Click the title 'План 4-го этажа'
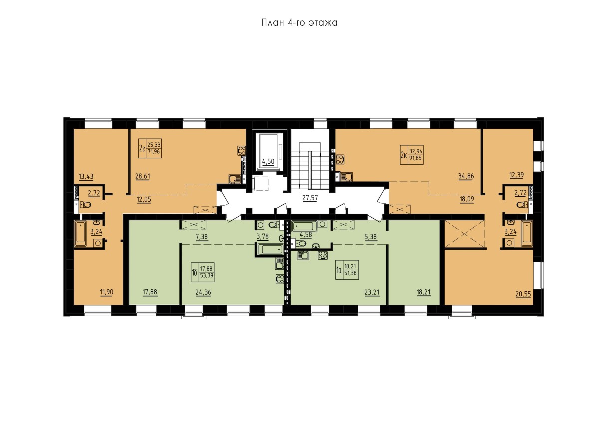tap(299, 23)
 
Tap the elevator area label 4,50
tap(268, 162)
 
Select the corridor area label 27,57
tap(310, 198)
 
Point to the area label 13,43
tap(86, 176)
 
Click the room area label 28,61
tap(143, 176)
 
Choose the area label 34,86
tap(466, 176)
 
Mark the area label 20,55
tap(523, 294)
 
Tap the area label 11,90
tap(107, 292)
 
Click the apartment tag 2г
tap(142, 148)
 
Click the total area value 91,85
tap(415, 158)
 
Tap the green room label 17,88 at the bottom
tap(150, 292)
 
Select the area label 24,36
tap(203, 292)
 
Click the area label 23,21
tap(372, 292)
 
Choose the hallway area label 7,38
tap(202, 237)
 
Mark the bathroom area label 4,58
tap(306, 235)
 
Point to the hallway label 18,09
tap(467, 200)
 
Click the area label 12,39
tap(517, 175)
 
